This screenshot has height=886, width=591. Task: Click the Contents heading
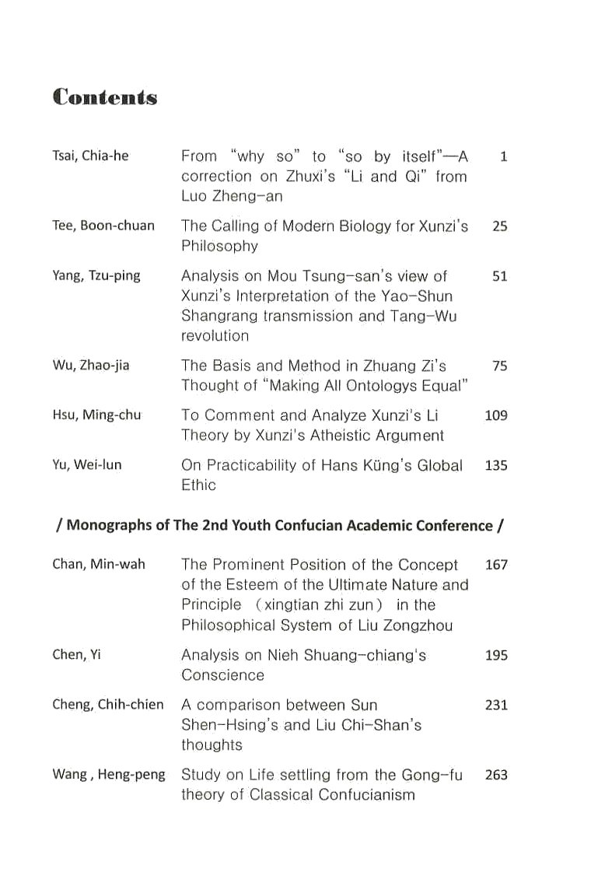[105, 97]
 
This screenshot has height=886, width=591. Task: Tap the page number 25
[499, 226]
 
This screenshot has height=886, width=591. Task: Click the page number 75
[499, 366]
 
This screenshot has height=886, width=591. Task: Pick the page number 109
[495, 415]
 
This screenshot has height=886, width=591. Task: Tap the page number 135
[495, 465]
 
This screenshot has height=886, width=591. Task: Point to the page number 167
[495, 565]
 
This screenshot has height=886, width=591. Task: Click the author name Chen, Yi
[76, 655]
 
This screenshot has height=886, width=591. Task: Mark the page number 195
[495, 655]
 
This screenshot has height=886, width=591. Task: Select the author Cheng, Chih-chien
[108, 705]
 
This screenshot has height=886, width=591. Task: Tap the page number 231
[495, 705]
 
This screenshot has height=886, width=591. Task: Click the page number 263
[495, 775]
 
